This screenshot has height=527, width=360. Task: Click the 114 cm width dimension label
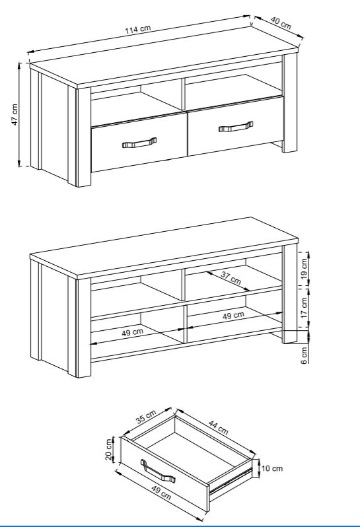138,29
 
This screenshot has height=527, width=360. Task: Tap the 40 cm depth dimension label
281,23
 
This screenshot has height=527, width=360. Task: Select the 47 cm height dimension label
15,115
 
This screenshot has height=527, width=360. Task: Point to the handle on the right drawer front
236,127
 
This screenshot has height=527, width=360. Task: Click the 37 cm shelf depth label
231,277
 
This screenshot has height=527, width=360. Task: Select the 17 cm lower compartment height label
305,308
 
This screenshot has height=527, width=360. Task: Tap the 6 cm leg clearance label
305,355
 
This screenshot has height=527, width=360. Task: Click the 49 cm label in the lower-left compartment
132,332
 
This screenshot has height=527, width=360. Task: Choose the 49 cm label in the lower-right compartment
233,316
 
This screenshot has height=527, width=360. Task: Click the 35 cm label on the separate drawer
146,417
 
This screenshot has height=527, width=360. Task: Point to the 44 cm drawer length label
218,427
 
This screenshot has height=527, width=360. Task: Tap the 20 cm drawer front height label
108,449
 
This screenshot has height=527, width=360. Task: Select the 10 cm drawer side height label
272,468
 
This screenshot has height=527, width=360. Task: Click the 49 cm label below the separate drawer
161,493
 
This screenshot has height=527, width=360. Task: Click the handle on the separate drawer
158,471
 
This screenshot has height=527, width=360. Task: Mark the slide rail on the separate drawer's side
231,481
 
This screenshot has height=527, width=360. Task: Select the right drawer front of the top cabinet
236,126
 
